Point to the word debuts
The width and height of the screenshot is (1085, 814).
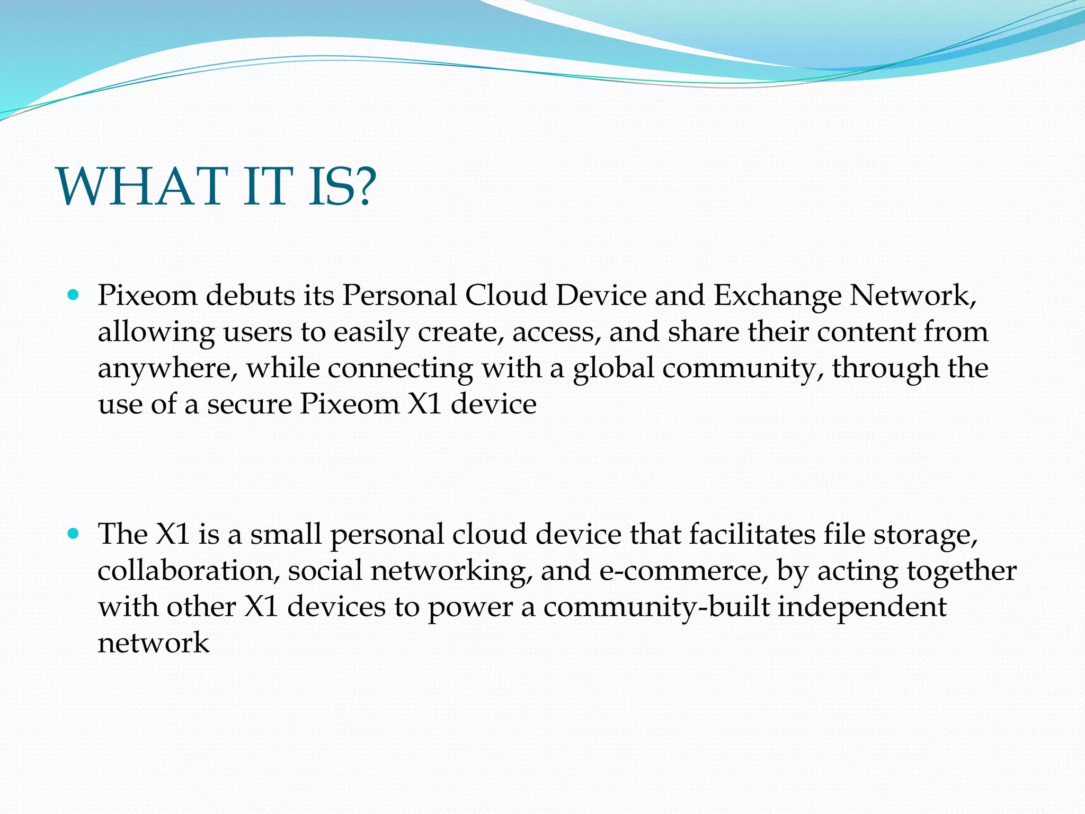click(x=250, y=295)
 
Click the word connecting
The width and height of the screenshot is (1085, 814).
click(x=401, y=369)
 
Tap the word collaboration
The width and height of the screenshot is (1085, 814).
click(x=189, y=571)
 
